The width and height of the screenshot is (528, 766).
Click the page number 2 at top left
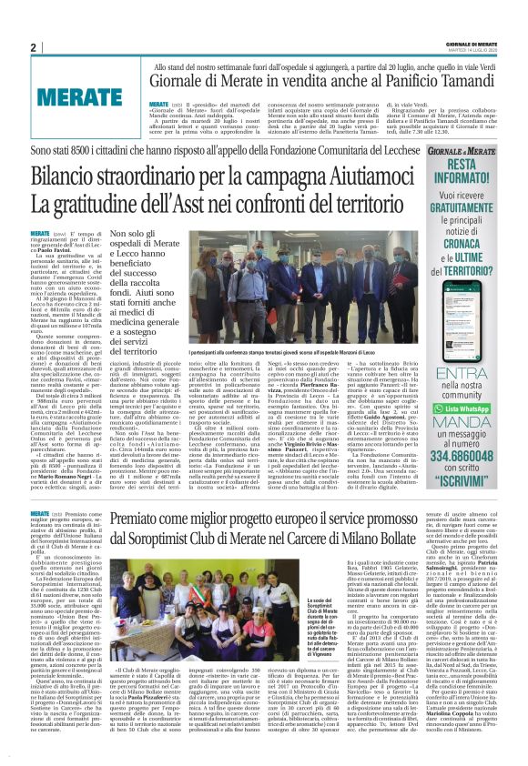point(34,47)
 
